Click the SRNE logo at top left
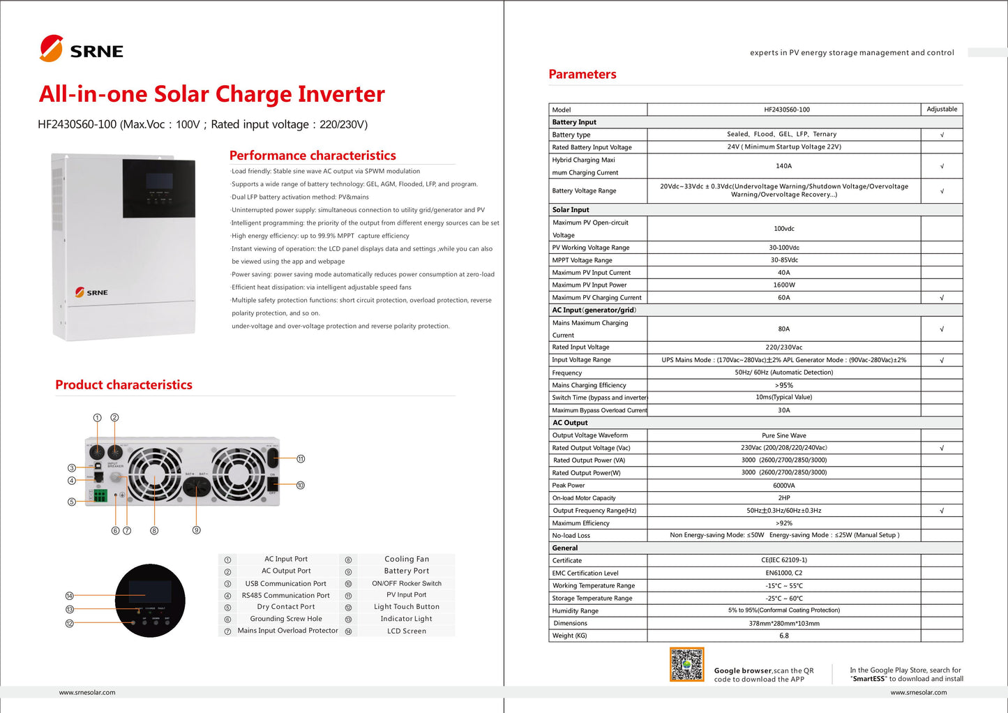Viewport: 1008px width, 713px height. [82, 49]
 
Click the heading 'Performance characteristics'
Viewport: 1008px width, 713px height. [313, 156]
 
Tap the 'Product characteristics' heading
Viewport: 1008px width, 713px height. [123, 384]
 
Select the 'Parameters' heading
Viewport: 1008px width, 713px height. [582, 74]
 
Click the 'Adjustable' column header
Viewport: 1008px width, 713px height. [942, 110]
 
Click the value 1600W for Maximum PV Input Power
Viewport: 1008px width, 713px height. [783, 285]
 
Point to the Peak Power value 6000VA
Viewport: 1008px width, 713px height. [783, 486]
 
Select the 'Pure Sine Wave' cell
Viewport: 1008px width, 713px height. [783, 435]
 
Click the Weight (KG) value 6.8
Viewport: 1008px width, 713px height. [783, 636]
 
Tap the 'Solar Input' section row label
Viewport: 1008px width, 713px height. [571, 209]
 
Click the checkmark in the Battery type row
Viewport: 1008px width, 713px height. [942, 135]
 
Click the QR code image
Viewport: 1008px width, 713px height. [687, 664]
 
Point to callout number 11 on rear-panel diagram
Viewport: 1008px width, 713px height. [301, 459]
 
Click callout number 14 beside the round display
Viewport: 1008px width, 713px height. [70, 596]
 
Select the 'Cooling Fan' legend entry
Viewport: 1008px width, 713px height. [407, 559]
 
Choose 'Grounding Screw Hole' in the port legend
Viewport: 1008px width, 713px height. [286, 619]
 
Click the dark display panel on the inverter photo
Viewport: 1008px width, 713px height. [159, 188]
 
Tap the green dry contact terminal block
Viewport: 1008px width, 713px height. [100, 495]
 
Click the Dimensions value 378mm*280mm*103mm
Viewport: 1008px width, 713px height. [783, 623]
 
